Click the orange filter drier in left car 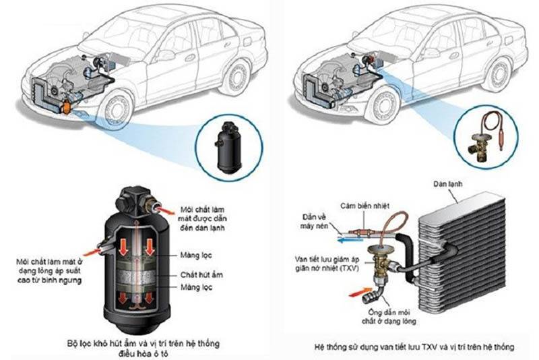(66, 107)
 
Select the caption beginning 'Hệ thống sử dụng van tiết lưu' (414, 347)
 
